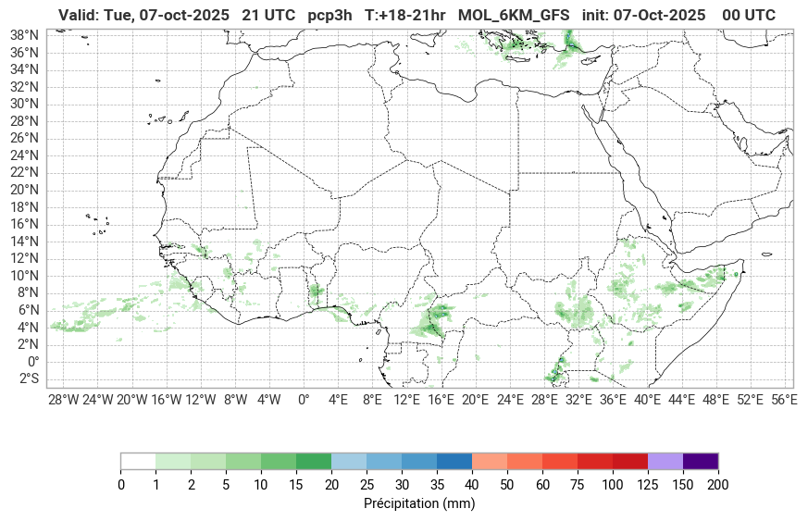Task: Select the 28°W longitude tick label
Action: coord(63,400)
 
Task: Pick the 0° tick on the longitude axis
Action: coord(303,400)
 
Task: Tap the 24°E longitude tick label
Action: coord(509,400)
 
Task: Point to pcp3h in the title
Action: coord(331,15)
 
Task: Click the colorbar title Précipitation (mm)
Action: coord(419,504)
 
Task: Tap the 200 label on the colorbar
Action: coord(717,485)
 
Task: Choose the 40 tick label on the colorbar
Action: coord(471,485)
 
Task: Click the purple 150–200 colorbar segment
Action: coord(700,461)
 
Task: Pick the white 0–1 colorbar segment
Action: coord(138,461)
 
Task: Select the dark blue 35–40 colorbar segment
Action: coord(454,461)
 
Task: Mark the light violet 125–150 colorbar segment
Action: coord(665,461)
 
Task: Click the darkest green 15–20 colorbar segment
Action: coord(314,461)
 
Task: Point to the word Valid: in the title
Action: coord(78,15)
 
